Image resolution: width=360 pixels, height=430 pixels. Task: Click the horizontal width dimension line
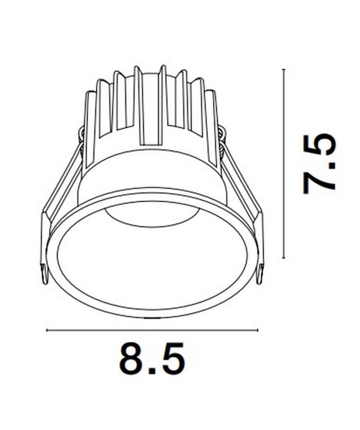pyautogui.click(x=152, y=330)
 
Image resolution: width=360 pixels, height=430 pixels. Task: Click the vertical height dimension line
pyautogui.click(x=284, y=164)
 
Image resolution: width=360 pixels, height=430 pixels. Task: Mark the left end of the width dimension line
pyautogui.click(x=47, y=330)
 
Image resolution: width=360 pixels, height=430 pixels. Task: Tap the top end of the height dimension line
pyautogui.click(x=284, y=69)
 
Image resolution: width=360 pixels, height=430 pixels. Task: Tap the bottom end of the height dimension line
pyautogui.click(x=284, y=259)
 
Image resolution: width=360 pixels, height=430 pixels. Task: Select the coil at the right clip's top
pyautogui.click(x=222, y=134)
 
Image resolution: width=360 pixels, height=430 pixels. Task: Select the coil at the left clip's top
pyautogui.click(x=81, y=134)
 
